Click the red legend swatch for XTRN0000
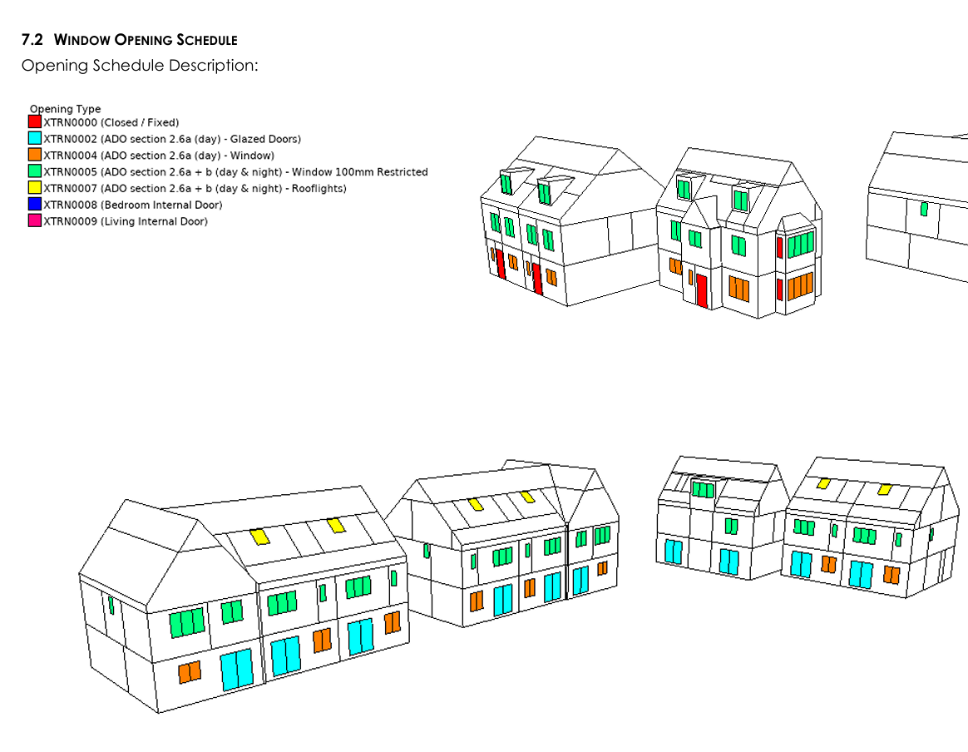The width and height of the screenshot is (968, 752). pos(35,122)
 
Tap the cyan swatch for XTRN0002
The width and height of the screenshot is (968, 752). pos(35,139)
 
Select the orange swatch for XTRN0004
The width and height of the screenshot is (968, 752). pos(35,156)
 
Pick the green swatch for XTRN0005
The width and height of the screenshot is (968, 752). pos(35,172)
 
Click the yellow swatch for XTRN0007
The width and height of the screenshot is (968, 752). pos(35,188)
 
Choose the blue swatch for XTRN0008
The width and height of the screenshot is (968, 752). pos(35,205)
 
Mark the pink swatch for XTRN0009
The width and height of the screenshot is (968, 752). pos(35,221)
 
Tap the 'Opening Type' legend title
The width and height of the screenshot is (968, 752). pos(65,109)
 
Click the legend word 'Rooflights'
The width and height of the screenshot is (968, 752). pos(319,189)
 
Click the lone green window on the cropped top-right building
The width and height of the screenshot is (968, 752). pos(924,209)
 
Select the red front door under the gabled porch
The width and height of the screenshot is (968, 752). pos(702,291)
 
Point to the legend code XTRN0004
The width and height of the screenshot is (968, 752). pos(70,156)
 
